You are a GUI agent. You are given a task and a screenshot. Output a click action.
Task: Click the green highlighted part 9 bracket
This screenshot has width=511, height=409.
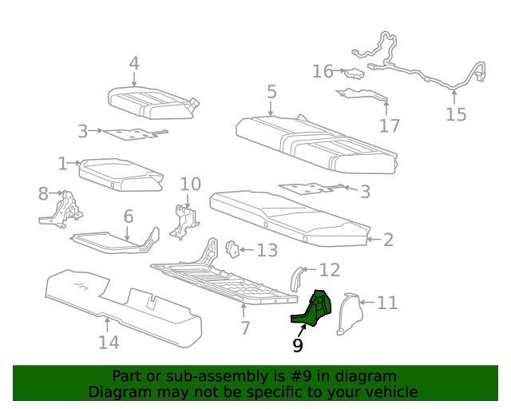(313, 312)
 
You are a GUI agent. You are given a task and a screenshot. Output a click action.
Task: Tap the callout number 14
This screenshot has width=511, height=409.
(109, 342)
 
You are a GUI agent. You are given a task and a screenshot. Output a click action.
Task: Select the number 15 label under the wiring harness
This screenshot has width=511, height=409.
(455, 114)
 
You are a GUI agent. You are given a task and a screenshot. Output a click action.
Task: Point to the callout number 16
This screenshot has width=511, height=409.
(323, 72)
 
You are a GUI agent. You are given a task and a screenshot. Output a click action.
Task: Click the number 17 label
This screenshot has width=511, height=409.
(390, 125)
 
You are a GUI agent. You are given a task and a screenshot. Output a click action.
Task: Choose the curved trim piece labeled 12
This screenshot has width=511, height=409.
(295, 277)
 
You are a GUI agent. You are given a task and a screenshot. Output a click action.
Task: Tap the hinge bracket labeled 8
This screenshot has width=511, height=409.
(62, 208)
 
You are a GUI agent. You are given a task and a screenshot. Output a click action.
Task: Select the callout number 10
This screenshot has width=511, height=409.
(190, 185)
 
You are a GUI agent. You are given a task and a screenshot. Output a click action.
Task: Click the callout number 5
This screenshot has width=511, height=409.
(271, 92)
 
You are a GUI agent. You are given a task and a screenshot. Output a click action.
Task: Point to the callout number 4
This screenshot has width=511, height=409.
(134, 62)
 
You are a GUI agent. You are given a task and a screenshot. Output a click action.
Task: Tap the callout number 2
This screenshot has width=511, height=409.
(388, 240)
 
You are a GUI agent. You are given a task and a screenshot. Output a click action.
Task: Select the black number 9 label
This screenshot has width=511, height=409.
(298, 345)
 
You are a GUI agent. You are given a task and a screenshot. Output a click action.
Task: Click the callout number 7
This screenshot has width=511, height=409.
(245, 328)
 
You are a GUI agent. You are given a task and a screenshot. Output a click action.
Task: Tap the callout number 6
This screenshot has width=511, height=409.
(128, 216)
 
